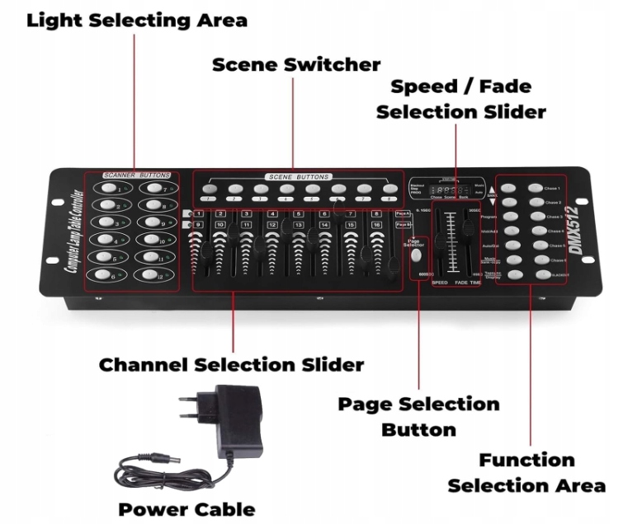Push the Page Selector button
[414, 255]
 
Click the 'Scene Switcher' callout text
[296, 64]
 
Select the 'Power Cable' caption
[186, 508]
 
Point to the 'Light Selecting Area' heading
[137, 21]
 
